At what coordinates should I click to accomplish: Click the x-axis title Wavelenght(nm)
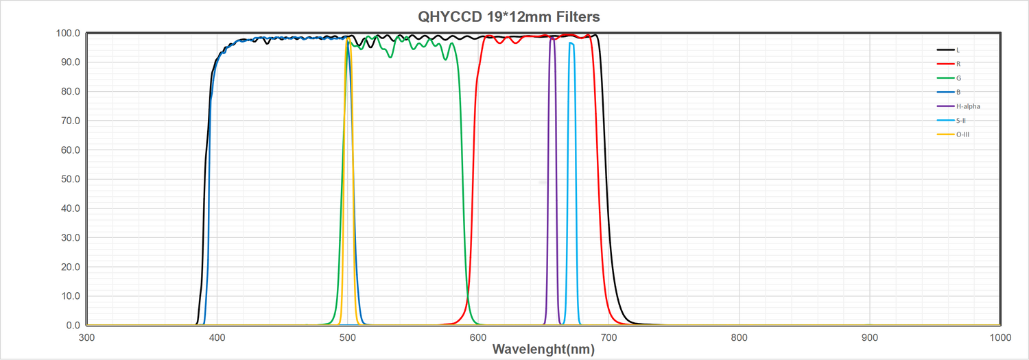point(543,349)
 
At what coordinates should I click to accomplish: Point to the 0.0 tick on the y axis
point(73,326)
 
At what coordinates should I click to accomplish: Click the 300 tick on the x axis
point(86,337)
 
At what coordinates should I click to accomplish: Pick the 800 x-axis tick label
point(739,337)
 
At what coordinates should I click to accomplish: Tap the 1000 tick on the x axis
point(999,337)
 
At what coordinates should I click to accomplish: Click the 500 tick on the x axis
point(348,337)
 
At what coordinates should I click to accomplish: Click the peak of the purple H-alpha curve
point(552,38)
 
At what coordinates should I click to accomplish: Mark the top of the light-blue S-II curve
point(571,43)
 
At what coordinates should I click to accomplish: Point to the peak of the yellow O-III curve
point(348,39)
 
